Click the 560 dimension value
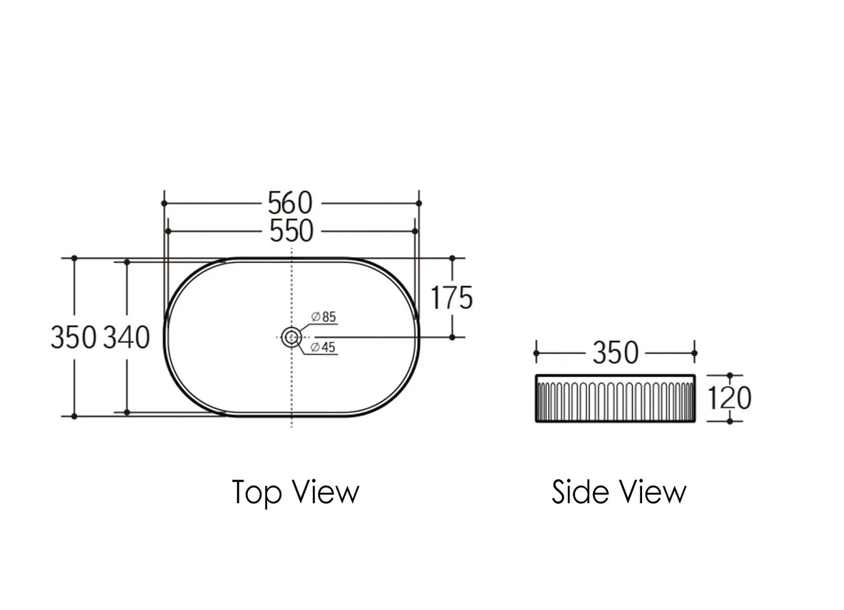[x=290, y=203]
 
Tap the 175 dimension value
[x=452, y=297]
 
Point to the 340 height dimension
[x=127, y=337]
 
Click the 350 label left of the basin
[x=74, y=337]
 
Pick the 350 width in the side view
[x=616, y=353]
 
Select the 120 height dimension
[x=729, y=398]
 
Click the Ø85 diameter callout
[x=324, y=317]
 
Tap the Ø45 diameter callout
[x=323, y=347]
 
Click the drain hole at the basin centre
[x=291, y=337]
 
